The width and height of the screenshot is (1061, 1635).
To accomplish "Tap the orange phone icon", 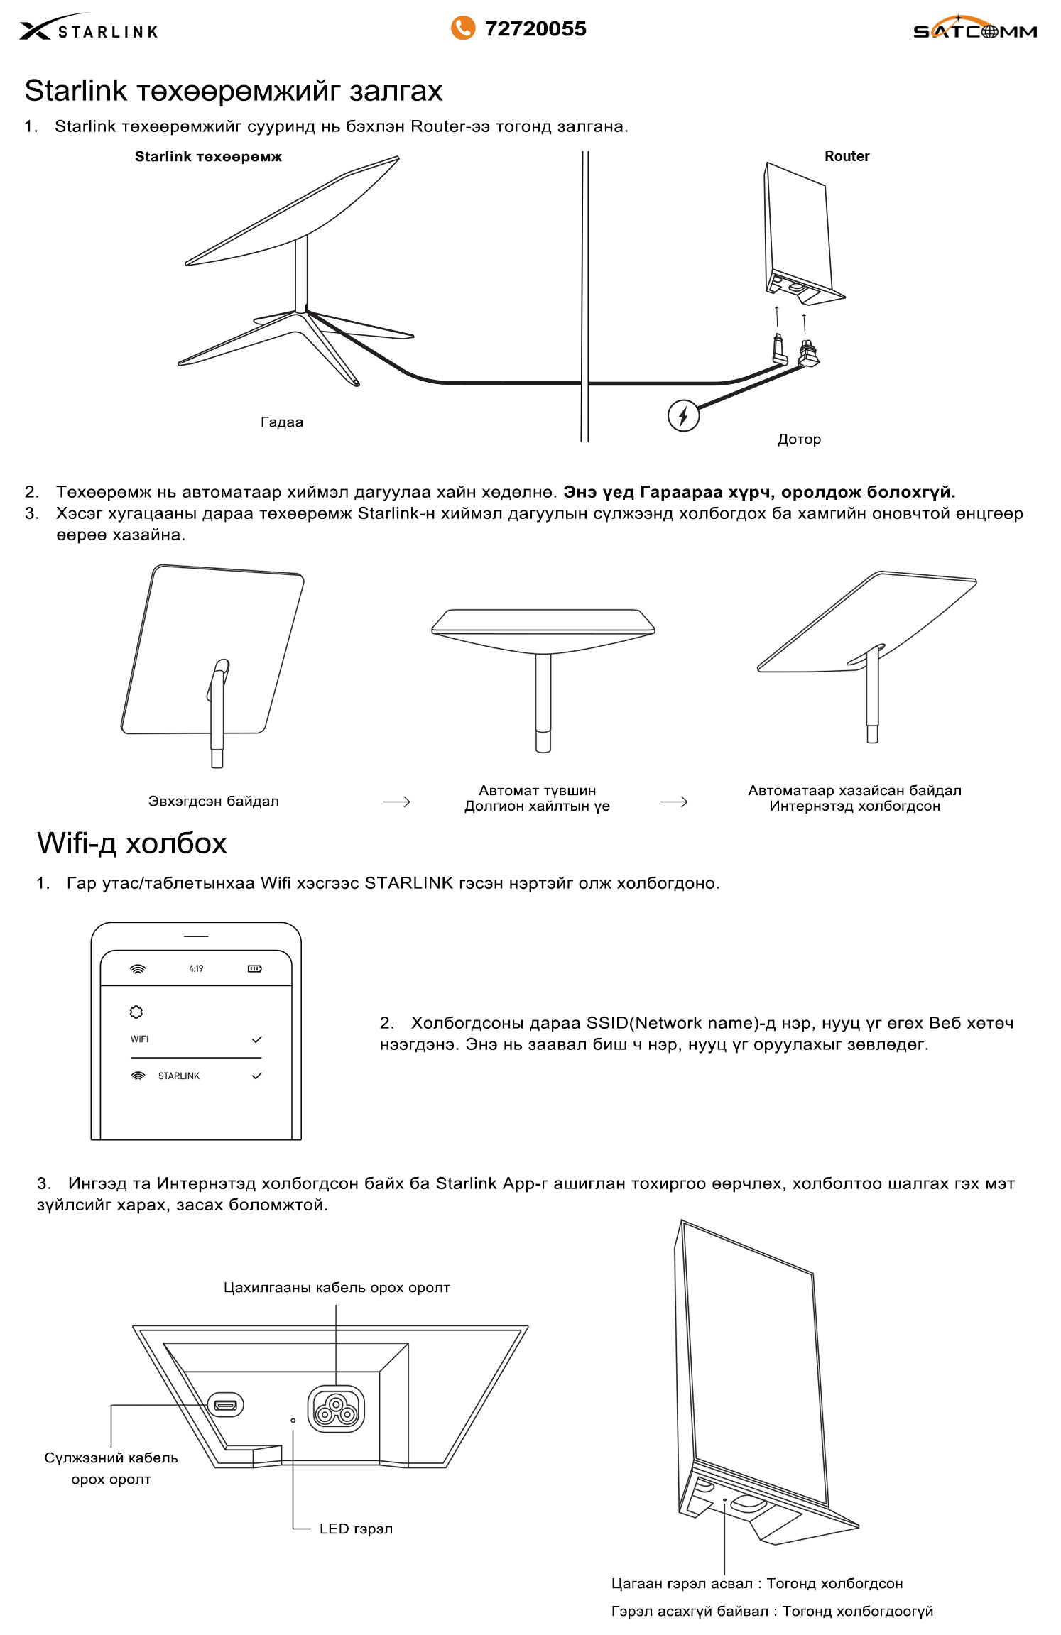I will (x=462, y=28).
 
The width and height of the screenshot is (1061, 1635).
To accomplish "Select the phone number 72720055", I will (x=535, y=29).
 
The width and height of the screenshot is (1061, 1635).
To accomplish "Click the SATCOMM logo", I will (x=974, y=29).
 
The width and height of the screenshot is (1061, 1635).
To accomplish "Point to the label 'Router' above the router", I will (x=847, y=156).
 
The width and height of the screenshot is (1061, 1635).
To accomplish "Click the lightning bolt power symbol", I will (x=683, y=415).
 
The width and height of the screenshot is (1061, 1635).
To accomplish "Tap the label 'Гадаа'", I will (x=281, y=422).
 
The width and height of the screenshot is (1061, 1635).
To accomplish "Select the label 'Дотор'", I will (x=799, y=439).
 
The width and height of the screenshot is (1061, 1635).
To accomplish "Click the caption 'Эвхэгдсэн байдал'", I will (x=213, y=801).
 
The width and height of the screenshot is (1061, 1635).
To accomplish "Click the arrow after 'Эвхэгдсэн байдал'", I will (x=396, y=802).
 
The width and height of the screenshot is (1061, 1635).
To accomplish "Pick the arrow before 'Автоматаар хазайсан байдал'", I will (x=673, y=802).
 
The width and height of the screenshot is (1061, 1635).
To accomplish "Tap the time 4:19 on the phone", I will (x=196, y=968).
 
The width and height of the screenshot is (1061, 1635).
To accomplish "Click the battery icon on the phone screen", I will (x=254, y=968).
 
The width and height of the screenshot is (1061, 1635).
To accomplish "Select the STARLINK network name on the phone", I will (x=178, y=1076).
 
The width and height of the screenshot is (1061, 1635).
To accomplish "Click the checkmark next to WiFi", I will (x=256, y=1039).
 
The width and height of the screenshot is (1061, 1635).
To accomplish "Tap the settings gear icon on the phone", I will (x=136, y=1012).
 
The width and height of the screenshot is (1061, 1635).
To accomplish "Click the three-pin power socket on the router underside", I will (x=336, y=1409).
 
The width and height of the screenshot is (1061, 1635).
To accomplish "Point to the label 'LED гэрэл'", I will (x=355, y=1529).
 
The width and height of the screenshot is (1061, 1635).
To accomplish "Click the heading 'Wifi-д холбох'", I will (x=132, y=843).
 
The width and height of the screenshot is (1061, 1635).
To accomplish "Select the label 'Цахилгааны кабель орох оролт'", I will (x=337, y=1287).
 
